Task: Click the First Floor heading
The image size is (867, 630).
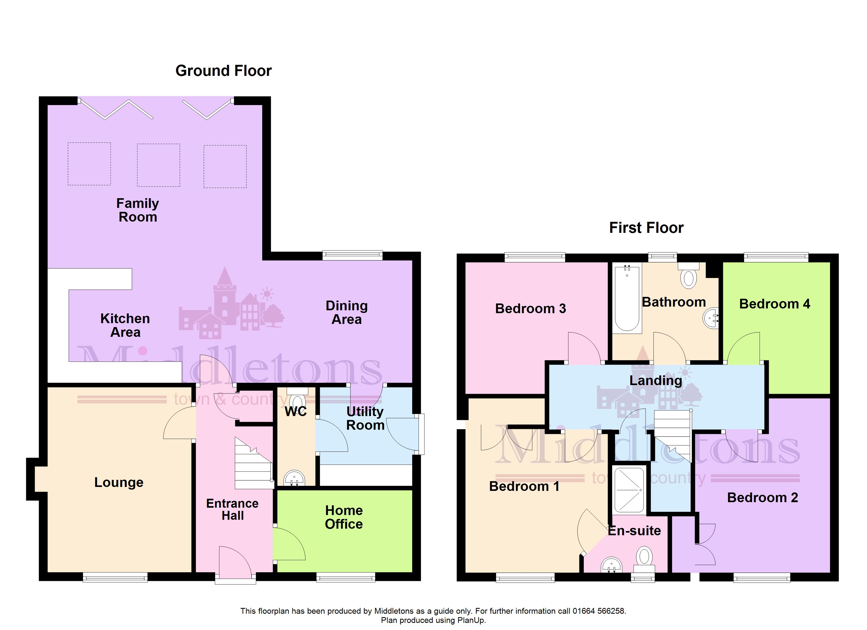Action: pyautogui.click(x=646, y=228)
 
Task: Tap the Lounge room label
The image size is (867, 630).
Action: pyautogui.click(x=119, y=482)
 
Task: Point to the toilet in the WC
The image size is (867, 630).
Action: pyautogui.click(x=297, y=399)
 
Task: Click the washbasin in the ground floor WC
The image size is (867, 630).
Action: pyautogui.click(x=294, y=478)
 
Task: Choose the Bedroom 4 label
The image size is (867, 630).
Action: pyautogui.click(x=775, y=304)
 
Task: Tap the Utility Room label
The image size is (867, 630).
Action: pyautogui.click(x=365, y=418)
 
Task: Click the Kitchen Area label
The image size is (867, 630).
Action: pyautogui.click(x=125, y=325)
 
